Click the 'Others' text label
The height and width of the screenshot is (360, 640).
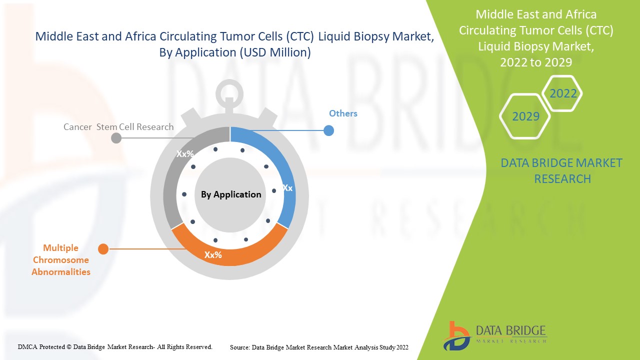tap(343, 113)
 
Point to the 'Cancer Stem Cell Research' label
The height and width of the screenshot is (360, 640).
tap(118, 127)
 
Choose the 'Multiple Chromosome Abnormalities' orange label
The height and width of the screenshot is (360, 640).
tap(61, 260)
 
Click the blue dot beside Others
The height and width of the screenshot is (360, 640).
tap(328, 131)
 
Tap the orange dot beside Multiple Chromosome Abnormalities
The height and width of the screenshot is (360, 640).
tap(103, 248)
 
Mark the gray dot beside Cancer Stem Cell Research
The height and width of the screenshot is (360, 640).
tap(116, 138)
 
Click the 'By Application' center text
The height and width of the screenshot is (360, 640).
tap(231, 194)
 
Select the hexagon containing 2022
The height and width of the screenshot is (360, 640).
tap(563, 93)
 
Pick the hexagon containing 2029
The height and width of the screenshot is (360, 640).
tap(525, 116)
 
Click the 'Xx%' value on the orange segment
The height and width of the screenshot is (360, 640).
tap(213, 255)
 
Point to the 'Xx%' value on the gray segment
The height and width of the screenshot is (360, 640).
tap(185, 154)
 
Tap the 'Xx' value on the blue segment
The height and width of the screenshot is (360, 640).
tap(287, 188)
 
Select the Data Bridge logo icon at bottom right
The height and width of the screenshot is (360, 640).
tap(456, 335)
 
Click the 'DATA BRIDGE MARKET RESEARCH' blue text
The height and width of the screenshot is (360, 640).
tap(561, 170)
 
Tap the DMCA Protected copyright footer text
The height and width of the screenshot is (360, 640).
tap(115, 346)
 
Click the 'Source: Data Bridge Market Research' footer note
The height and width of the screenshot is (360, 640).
tap(319, 347)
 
